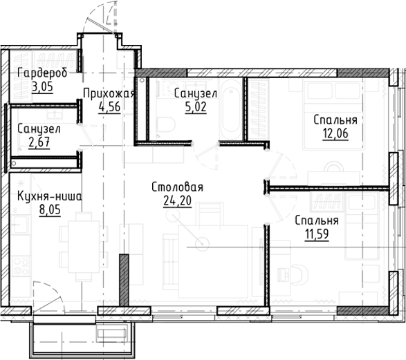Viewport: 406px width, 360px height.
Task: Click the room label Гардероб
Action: (x=42, y=74)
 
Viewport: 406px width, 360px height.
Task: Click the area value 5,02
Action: (x=187, y=107)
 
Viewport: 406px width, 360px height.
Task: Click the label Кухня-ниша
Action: (x=49, y=196)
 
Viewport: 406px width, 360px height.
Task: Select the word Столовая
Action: (x=177, y=187)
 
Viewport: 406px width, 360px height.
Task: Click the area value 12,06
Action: (x=335, y=133)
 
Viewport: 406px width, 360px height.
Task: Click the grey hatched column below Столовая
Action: (x=123, y=281)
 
